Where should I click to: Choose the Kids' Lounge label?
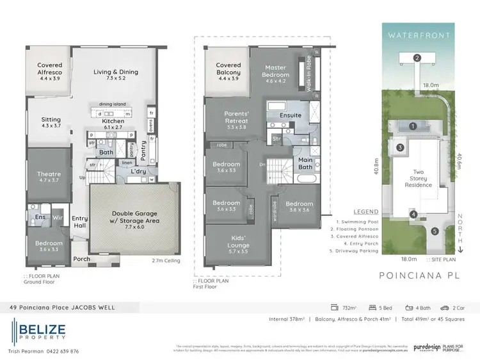[236, 241]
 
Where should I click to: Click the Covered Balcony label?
[228, 69]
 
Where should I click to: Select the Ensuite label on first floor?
[291, 115]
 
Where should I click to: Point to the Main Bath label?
[305, 164]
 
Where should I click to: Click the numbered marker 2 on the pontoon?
[417, 58]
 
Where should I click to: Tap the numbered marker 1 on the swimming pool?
[413, 126]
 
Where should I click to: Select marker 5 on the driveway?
[434, 231]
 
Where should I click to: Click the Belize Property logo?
[38, 329]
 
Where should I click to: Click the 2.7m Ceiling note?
[165, 261]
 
